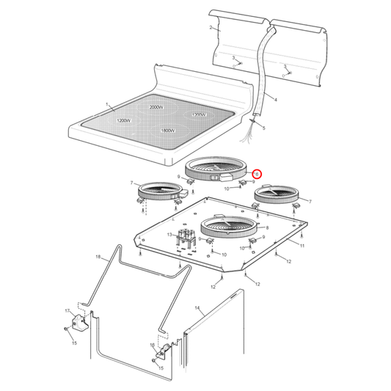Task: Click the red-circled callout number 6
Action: (256, 175)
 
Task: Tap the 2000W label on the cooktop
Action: (156, 107)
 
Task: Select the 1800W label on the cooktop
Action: (168, 131)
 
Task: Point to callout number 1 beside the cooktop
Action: (106, 105)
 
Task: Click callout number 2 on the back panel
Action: (211, 28)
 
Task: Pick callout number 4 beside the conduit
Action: (275, 99)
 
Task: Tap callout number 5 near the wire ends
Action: (263, 128)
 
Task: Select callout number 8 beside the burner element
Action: (267, 228)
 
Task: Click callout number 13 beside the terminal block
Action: (168, 235)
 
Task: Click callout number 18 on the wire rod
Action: (98, 257)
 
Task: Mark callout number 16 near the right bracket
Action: (152, 344)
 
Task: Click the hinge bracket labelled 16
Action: (166, 352)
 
